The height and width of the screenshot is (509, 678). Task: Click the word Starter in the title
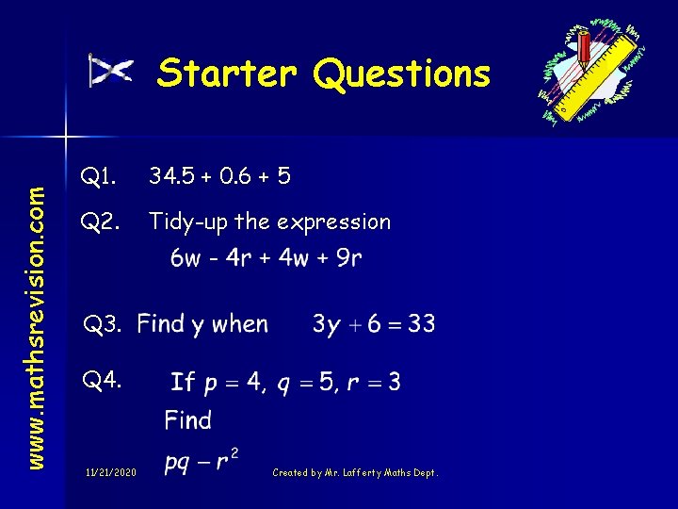click(x=227, y=73)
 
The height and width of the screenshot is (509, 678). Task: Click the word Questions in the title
click(x=402, y=74)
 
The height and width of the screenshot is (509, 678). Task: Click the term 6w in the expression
click(x=185, y=257)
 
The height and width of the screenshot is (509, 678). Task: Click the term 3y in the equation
click(x=326, y=326)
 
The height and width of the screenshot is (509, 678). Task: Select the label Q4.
click(x=102, y=382)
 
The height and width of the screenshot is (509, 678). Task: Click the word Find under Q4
click(x=187, y=419)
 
